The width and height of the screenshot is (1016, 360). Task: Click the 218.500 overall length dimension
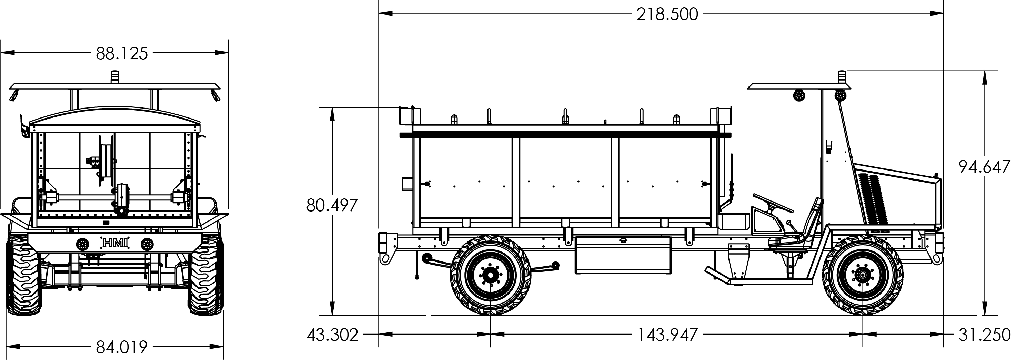pos(667,14)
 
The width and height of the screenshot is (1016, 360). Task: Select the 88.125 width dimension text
pos(122,54)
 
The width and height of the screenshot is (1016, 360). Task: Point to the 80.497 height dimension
pos(332,205)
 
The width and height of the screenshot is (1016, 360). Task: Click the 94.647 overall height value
pos(985,167)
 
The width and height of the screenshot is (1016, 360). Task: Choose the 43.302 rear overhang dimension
pos(332,335)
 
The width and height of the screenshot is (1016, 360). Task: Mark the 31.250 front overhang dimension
pos(985,335)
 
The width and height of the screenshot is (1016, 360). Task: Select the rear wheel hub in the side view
pos(490,275)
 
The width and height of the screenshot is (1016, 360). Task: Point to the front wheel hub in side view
pos(863,275)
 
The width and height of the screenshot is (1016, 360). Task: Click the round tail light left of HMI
pos(83,244)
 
